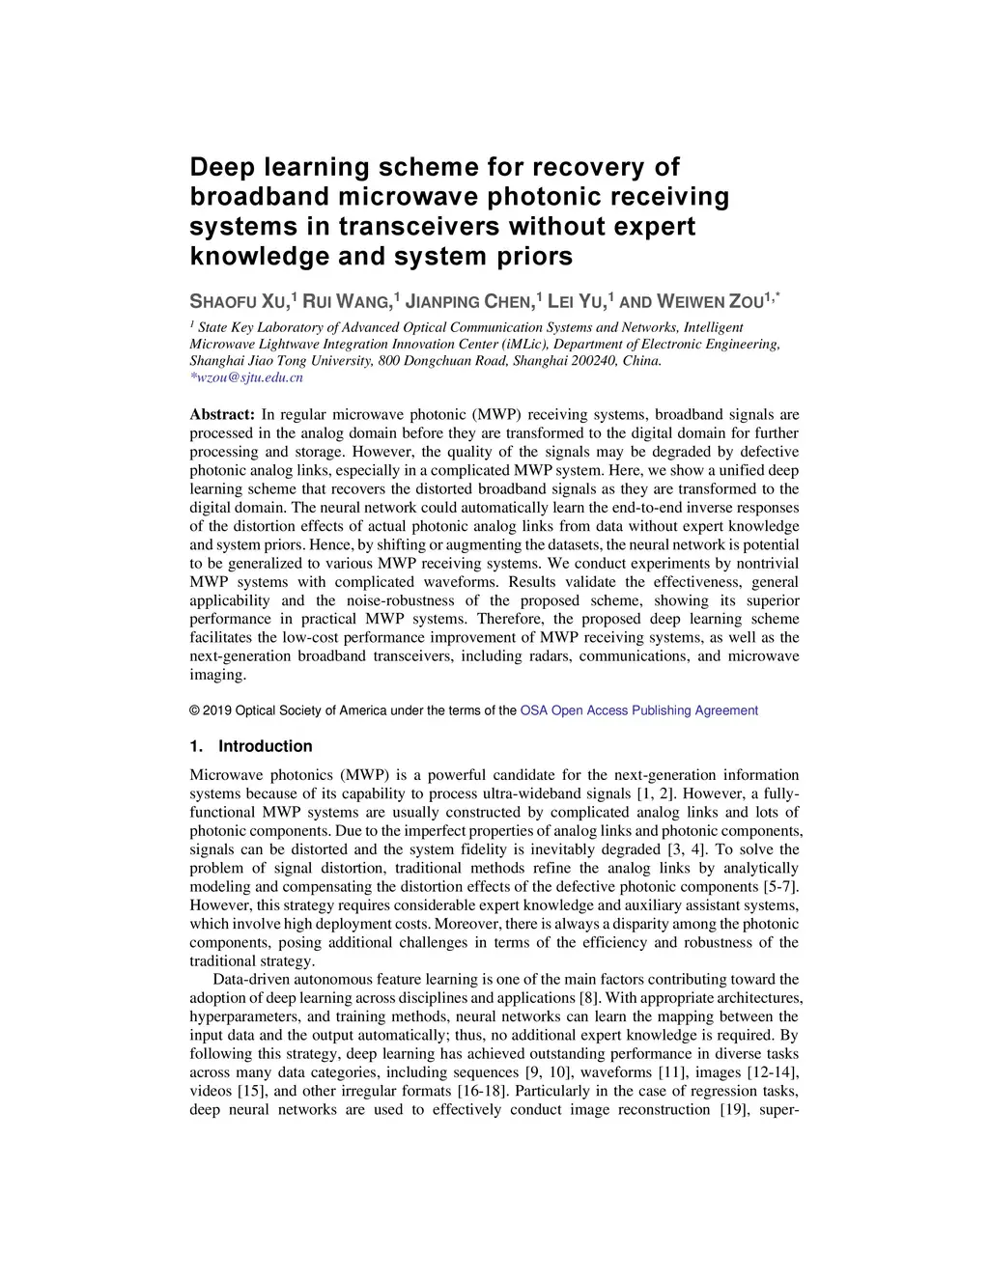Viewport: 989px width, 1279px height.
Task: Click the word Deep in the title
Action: (x=221, y=167)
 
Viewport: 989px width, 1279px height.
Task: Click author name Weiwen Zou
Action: (x=710, y=301)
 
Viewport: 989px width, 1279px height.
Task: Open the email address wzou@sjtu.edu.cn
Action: (x=246, y=377)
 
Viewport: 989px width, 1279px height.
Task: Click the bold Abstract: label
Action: (x=222, y=415)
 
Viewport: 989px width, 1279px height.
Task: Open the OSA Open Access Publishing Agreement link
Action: (x=638, y=710)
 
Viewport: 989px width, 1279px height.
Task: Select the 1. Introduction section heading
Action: (x=251, y=746)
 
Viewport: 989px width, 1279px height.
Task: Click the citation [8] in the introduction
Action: (x=590, y=998)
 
